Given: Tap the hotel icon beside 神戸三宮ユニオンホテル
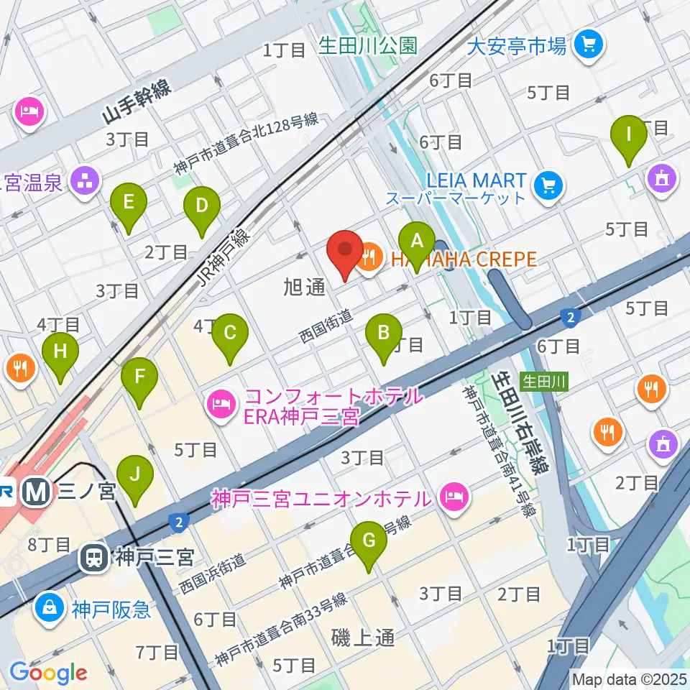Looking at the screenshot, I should click(x=455, y=495).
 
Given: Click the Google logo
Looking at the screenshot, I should click(x=48, y=672).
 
